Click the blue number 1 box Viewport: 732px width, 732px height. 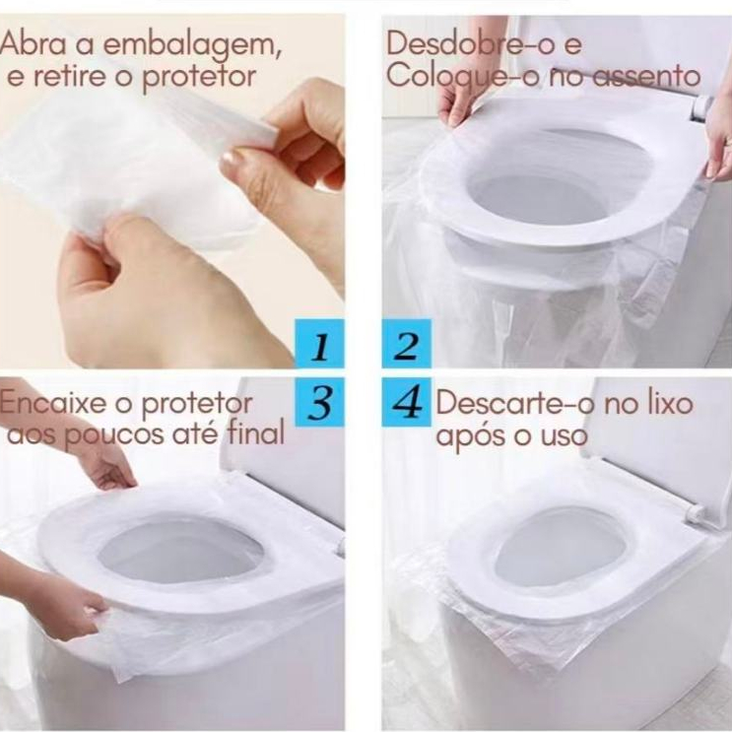[x=320, y=344]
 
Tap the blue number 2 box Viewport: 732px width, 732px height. [x=406, y=344]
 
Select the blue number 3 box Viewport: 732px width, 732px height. [x=320, y=402]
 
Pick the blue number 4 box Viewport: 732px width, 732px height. [x=406, y=402]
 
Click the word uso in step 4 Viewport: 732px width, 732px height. [x=564, y=436]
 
